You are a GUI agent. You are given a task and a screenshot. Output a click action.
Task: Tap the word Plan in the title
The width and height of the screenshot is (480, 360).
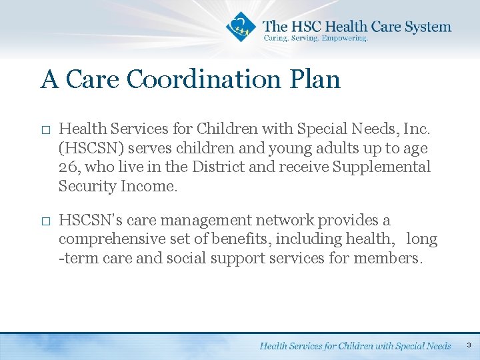[x=315, y=79]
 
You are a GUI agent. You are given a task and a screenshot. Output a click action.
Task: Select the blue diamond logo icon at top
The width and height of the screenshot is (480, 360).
[x=241, y=27]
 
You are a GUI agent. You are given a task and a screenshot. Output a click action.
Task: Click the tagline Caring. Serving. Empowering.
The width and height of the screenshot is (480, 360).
[x=315, y=39]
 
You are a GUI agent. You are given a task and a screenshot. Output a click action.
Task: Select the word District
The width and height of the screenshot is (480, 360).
[x=219, y=167]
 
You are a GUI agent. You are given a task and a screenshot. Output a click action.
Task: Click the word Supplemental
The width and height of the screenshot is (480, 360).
[x=381, y=167]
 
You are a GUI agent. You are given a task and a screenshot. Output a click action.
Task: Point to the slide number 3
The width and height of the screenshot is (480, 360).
[x=469, y=345]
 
